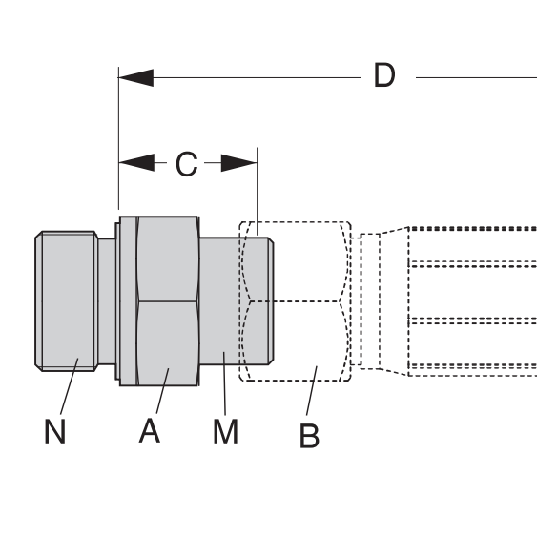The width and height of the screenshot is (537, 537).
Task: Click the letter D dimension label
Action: point(384,75)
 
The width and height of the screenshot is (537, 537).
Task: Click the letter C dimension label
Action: point(187,164)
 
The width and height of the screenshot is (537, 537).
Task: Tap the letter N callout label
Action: point(54,431)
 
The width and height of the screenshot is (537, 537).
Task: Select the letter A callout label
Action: point(150,430)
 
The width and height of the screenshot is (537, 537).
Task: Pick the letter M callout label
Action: point(225,431)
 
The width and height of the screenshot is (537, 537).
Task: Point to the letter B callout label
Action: point(309,436)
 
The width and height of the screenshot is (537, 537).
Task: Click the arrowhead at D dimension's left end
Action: point(136,78)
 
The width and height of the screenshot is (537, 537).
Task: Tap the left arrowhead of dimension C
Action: point(136,163)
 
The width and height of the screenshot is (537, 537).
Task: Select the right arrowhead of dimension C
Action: point(239,163)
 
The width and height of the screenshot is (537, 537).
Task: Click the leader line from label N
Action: point(70,386)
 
